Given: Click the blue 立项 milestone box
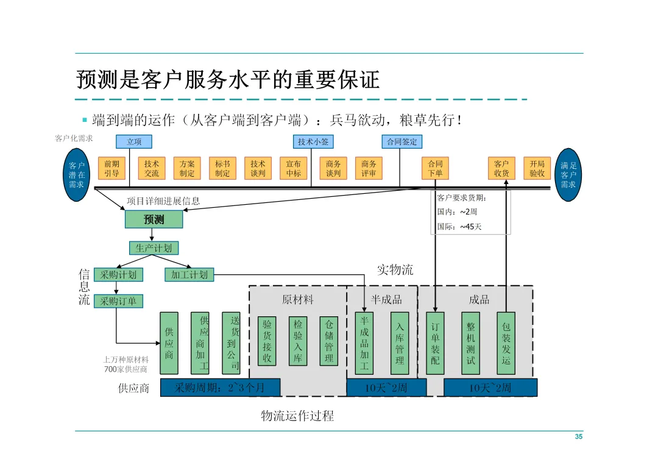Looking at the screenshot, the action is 134,141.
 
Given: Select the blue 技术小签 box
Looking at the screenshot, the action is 313,141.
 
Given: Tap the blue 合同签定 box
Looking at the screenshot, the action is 402,141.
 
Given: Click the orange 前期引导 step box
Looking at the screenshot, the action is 111,168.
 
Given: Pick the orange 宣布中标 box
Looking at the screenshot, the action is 293,168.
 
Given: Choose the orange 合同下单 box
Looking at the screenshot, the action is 435,168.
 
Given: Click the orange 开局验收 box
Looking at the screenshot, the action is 537,168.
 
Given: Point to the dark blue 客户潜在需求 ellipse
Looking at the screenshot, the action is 76,175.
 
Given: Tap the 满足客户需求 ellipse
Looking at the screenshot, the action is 568,175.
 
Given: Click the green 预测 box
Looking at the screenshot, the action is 154,219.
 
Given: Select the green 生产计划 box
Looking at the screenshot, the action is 154,248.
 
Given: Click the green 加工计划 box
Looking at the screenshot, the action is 189,275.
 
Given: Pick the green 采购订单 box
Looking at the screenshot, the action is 118,301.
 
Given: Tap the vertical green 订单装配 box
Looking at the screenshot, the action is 435,343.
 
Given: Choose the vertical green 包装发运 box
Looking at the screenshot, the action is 506,343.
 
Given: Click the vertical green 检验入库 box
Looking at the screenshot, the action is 298,341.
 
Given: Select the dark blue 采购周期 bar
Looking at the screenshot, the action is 221,388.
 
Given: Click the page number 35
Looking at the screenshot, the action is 579,436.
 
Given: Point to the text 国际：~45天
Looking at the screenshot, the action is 459,227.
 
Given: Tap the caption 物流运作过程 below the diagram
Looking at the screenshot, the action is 297,416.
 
